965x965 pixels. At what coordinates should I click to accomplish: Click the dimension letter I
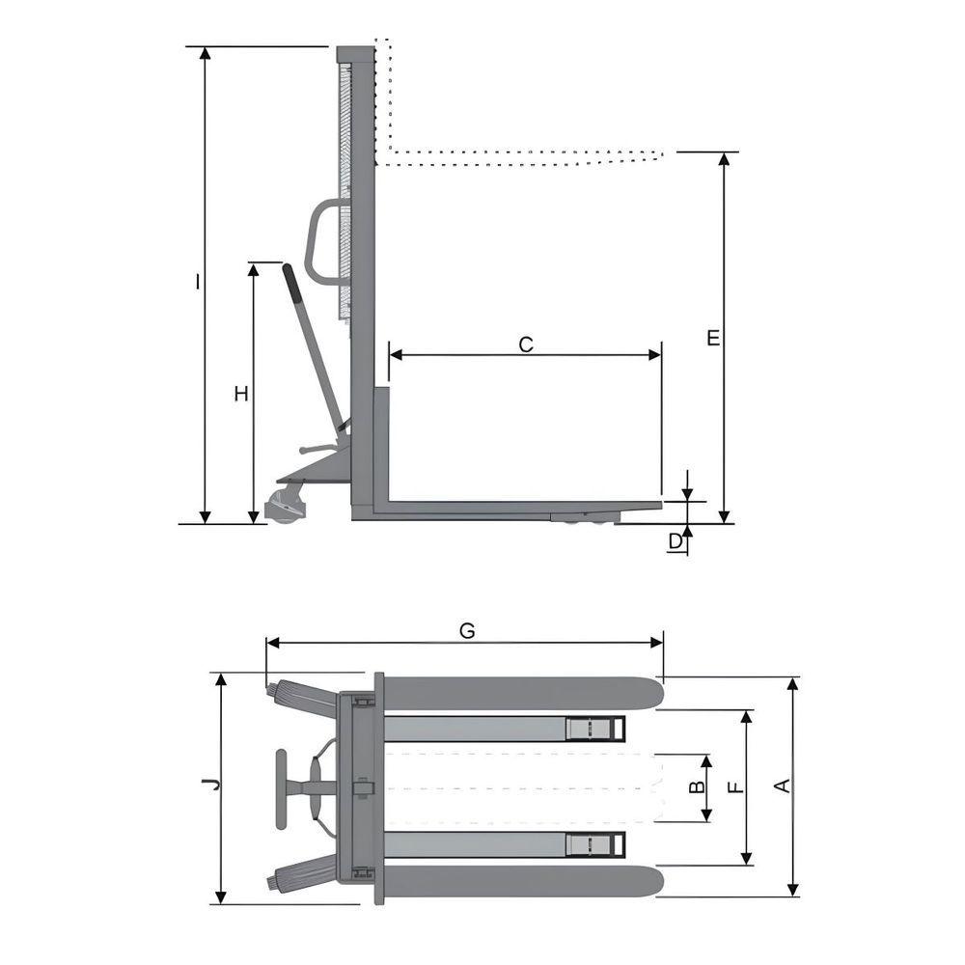[197, 282]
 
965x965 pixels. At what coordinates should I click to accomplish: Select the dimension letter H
[241, 394]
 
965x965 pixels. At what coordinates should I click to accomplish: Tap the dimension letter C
[526, 345]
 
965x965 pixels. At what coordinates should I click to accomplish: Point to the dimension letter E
[713, 337]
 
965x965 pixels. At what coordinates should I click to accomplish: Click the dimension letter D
[675, 541]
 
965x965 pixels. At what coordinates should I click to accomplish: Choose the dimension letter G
[467, 631]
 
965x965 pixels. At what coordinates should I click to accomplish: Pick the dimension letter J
[212, 784]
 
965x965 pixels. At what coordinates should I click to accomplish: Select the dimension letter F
[736, 787]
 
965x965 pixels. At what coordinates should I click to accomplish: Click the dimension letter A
[782, 786]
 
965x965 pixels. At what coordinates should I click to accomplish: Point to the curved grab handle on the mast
[323, 241]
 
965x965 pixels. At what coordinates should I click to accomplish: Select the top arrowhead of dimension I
[206, 53]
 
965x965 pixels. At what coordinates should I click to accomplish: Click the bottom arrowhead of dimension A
[793, 890]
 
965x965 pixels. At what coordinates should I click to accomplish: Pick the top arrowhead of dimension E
[725, 159]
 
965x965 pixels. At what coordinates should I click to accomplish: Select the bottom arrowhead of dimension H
[254, 517]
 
